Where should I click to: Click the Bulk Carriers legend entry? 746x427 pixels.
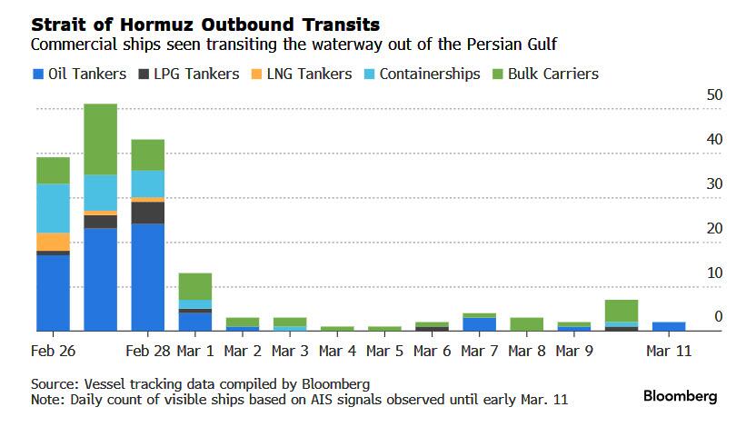(544, 74)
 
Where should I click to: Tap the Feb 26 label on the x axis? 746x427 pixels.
(53, 351)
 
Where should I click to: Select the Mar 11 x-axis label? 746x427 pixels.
(670, 351)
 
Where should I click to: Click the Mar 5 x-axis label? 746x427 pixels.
(385, 351)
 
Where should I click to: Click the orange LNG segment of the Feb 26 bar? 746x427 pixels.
(53, 242)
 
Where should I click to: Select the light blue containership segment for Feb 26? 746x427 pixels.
(53, 208)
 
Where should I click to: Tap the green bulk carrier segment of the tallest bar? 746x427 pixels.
(100, 139)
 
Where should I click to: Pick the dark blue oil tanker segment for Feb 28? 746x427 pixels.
(147, 277)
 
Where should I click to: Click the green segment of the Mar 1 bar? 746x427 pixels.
(195, 286)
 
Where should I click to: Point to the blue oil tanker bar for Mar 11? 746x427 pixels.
(669, 326)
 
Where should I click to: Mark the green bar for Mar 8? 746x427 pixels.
(527, 324)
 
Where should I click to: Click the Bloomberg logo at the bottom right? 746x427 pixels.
(680, 396)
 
